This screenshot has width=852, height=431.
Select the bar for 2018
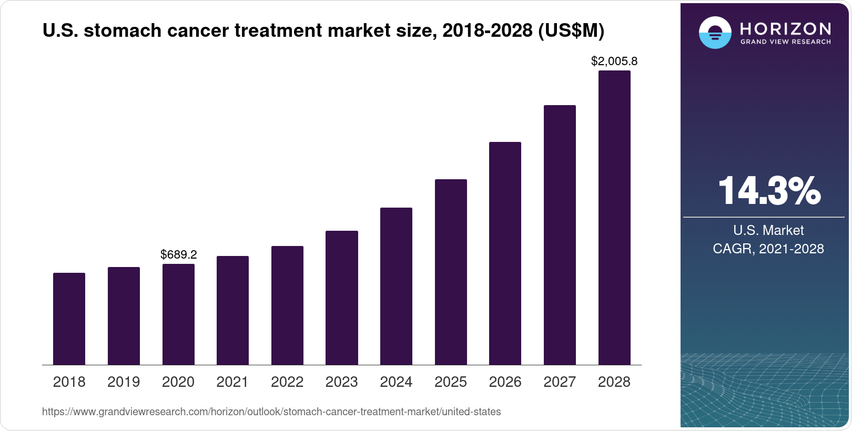[69, 319]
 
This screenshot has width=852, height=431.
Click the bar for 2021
[232, 310]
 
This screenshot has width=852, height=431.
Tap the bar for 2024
[396, 286]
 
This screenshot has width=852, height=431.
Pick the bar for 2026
[505, 253]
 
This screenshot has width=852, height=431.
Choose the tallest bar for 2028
[614, 218]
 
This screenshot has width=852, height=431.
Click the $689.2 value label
[178, 255]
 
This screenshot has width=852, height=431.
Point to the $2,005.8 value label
[614, 61]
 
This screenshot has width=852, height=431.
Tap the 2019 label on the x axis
[124, 382]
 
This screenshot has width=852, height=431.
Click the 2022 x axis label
[287, 382]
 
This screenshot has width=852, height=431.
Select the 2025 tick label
[451, 382]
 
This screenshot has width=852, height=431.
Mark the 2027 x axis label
[560, 382]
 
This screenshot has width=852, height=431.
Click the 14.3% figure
[768, 191]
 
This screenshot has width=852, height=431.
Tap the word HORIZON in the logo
[785, 28]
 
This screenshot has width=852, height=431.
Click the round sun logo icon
[715, 33]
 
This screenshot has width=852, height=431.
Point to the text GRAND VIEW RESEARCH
[785, 42]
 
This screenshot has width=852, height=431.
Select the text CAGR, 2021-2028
[768, 249]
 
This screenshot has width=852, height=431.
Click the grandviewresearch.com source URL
[271, 412]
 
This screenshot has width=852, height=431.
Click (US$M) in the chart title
[571, 31]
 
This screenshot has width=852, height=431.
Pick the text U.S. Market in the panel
[768, 230]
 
